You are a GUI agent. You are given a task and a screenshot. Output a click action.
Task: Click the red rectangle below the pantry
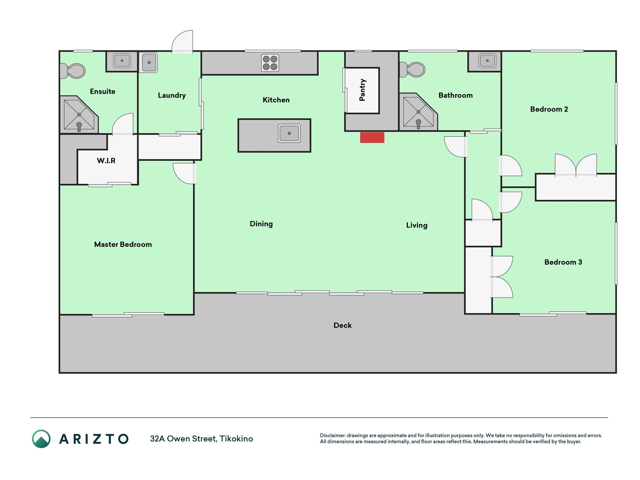pos(372,138)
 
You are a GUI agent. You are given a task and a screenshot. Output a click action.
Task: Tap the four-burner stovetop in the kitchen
pos(270,63)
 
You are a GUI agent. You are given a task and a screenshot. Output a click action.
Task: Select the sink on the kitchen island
pos(289,133)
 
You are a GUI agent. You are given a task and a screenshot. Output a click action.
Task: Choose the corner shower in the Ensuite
pos(79,114)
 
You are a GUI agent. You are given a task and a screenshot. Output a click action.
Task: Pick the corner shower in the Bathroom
pos(418,112)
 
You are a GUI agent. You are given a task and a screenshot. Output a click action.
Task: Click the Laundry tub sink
pos(149,62)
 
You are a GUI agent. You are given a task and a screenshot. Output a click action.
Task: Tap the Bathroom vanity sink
pos(487,60)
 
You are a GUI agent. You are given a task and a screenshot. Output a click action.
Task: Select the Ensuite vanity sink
pos(122,60)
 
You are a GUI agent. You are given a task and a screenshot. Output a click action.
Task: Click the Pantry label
pos(362,90)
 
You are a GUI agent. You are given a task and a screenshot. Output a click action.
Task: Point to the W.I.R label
pos(106,160)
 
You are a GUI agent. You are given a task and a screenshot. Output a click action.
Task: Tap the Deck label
pos(343,325)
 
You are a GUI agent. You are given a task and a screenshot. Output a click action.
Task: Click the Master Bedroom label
pos(123,244)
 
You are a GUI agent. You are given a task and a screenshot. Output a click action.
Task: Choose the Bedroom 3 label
pos(563,262)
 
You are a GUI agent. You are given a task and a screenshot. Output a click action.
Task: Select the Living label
pos(417,225)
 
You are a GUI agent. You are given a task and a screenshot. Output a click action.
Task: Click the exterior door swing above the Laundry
pos(183,41)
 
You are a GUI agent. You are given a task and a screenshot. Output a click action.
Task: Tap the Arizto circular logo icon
pos(41,439)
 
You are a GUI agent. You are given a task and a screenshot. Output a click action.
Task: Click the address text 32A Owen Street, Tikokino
pos(201,439)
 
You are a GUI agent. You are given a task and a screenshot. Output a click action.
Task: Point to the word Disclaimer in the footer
pos(333,435)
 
